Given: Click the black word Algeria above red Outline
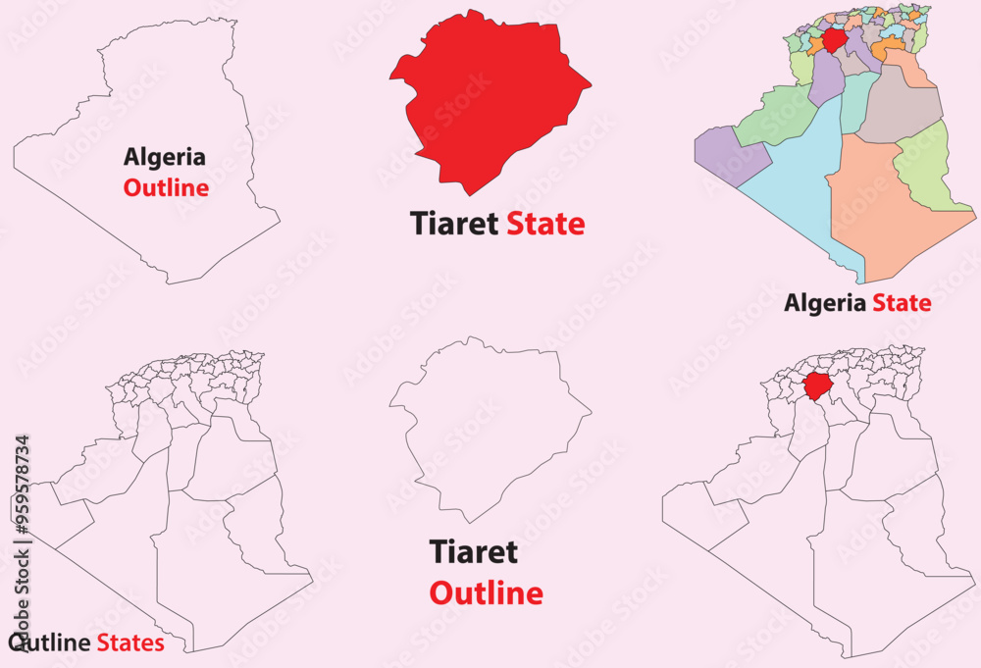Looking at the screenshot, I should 165,157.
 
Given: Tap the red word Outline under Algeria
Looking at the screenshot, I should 166,187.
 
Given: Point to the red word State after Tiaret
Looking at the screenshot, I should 545,225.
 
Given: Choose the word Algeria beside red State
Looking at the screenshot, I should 825,303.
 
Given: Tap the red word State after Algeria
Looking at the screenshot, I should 902,303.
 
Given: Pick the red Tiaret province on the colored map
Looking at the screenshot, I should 835,40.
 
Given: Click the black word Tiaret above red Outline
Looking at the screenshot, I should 473,552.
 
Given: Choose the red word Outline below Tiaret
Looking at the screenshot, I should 486,593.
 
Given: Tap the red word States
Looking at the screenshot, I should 130,643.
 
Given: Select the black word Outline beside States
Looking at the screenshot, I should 50,643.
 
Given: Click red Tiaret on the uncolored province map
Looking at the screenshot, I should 815,385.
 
